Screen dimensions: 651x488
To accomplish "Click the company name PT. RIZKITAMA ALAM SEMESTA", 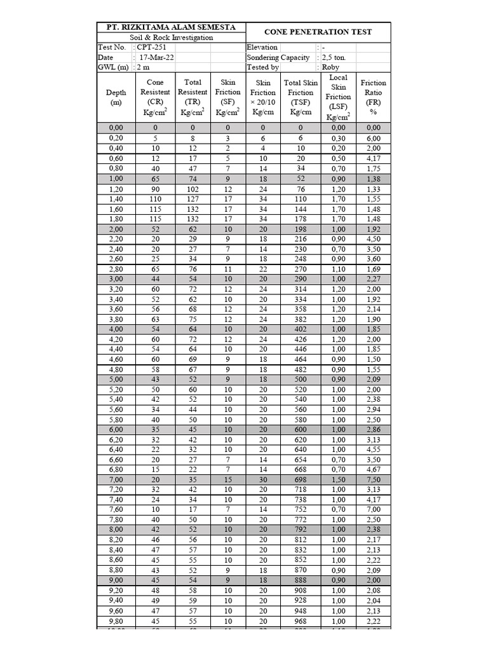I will pos(166,27).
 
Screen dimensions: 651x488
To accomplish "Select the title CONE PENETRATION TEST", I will pos(318,32).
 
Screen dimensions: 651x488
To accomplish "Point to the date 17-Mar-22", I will pos(156,57).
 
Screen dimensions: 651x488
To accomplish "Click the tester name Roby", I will pos(330,67).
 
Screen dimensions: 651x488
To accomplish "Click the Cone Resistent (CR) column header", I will pos(155,97).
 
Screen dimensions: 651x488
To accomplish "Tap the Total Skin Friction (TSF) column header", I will pos(301,97).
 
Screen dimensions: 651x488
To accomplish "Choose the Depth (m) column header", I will pos(116,97).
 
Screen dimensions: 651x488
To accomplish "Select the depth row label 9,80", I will pos(116,621).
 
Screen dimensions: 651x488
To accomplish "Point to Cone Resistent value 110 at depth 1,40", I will pos(155,199).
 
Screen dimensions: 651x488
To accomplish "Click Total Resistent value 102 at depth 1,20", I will pos(193,189).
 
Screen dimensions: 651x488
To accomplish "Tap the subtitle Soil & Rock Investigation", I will pos(166,38).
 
